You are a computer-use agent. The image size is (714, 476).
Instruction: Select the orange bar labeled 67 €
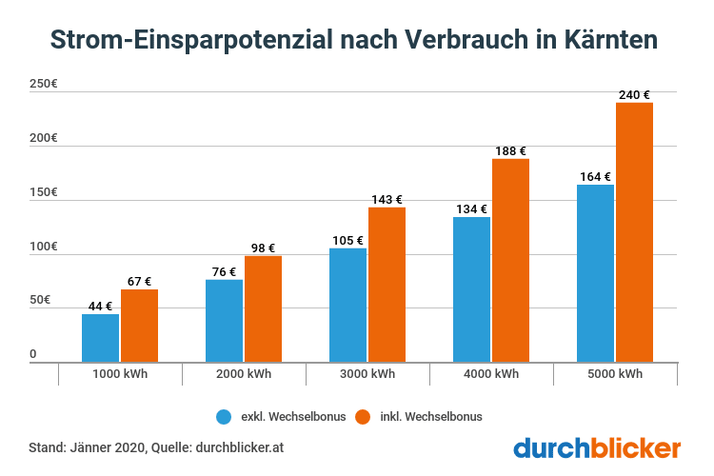point(139,326)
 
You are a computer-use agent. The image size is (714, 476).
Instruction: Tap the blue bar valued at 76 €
point(225,320)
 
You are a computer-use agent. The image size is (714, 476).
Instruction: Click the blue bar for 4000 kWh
point(472,289)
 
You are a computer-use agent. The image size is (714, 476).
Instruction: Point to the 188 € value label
point(510,150)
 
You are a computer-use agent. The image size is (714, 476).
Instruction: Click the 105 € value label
point(348,239)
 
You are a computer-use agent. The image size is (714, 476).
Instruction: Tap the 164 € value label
point(596,176)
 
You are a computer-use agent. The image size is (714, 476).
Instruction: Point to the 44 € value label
point(101,306)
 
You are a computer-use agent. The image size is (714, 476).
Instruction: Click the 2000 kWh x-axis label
point(244,374)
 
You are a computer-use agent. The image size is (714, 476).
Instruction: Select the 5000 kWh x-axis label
point(615,374)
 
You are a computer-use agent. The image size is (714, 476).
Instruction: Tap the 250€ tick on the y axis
point(44,85)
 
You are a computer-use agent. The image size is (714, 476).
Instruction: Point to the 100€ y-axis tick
point(44,247)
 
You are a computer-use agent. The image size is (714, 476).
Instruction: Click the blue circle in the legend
point(225,416)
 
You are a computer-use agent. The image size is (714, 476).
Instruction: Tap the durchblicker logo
point(598,447)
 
